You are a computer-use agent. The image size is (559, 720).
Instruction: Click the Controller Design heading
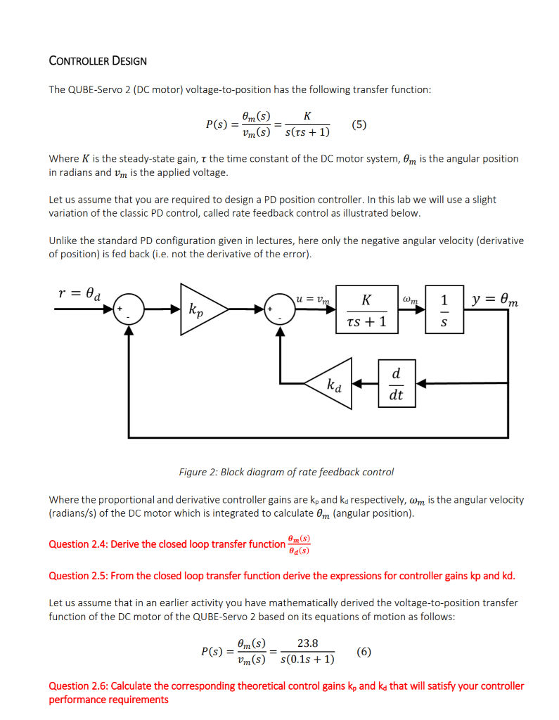coord(98,60)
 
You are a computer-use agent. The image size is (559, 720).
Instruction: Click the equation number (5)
coord(359,125)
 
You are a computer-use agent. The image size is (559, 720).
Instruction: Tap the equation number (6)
coord(364,651)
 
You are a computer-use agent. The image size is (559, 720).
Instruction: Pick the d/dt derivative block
coord(396,383)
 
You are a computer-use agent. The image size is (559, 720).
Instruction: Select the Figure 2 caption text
coord(286,472)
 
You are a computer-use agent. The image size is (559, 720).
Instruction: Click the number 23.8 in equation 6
coord(307,643)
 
